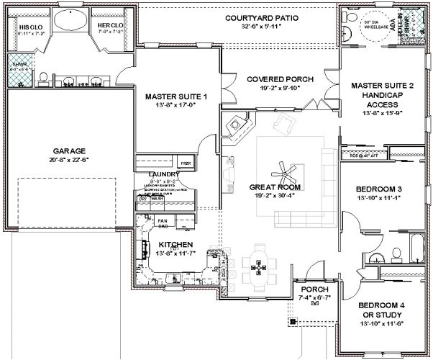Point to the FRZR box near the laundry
tap(185, 163)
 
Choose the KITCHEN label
tap(176, 245)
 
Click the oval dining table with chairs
tap(257, 266)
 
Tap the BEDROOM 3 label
tap(380, 190)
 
